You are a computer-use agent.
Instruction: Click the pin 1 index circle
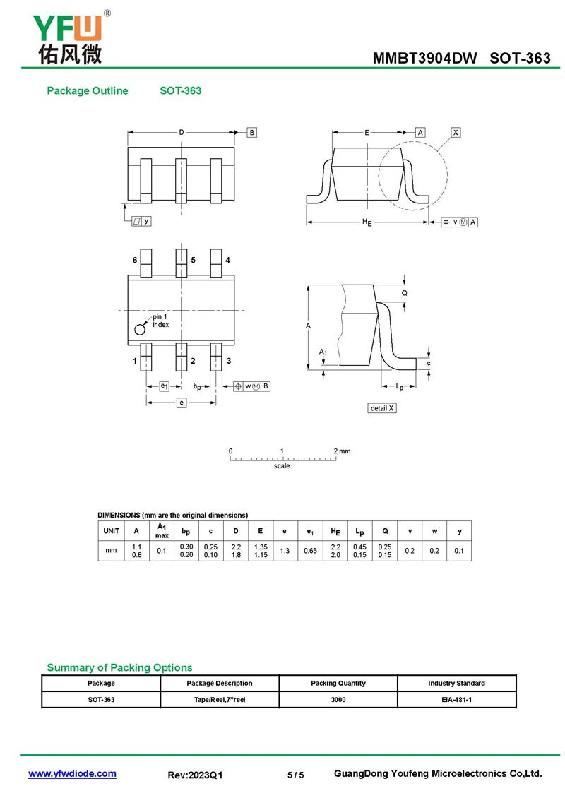coord(140,329)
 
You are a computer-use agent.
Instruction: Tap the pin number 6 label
coord(135,260)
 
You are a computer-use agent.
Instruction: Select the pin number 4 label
coord(227,260)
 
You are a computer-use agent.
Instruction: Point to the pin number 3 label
coord(229,361)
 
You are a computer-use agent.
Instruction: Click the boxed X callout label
coord(456,132)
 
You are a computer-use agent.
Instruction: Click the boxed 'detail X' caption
coord(382,408)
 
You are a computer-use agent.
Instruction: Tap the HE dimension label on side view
coord(367,222)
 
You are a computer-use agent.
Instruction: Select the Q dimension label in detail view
coord(405,293)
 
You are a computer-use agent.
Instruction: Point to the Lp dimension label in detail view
coord(400,387)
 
